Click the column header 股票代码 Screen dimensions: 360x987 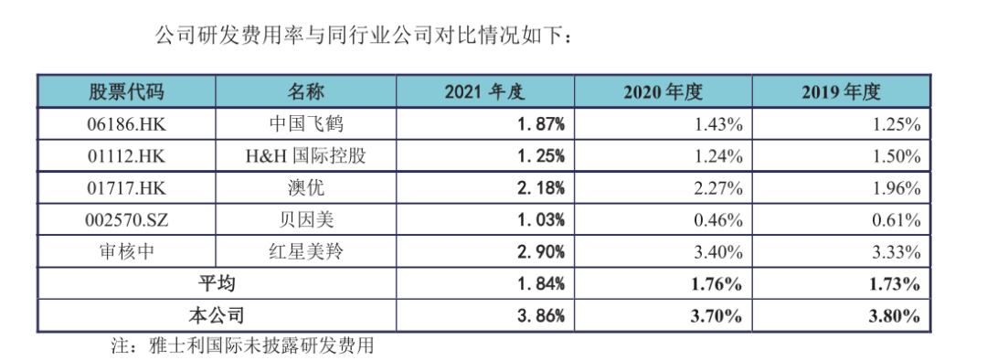pyautogui.click(x=126, y=91)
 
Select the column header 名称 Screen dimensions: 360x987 pyautogui.click(x=306, y=91)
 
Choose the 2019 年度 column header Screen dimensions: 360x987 pyautogui.click(x=841, y=91)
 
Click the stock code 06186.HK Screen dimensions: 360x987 pyautogui.click(x=126, y=124)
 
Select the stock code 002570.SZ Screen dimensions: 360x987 pyautogui.click(x=126, y=220)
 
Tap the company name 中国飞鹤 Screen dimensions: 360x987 pyautogui.click(x=306, y=124)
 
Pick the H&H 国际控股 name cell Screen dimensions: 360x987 pyautogui.click(x=306, y=156)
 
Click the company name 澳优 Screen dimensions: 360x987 pyautogui.click(x=306, y=188)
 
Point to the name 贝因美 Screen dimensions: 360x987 pyautogui.click(x=306, y=220)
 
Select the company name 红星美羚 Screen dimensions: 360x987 pyautogui.click(x=306, y=252)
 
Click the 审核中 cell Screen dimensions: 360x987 pyautogui.click(x=126, y=252)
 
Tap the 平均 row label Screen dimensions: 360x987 pyautogui.click(x=217, y=284)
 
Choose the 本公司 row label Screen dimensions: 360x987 pyautogui.click(x=217, y=316)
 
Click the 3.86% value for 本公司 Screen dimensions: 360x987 pyautogui.click(x=540, y=316)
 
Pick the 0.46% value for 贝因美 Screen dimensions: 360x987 pyautogui.click(x=719, y=220)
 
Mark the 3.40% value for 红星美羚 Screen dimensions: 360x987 pyautogui.click(x=719, y=252)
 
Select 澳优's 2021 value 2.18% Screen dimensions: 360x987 pyautogui.click(x=540, y=188)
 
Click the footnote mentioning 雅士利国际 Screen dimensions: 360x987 pyautogui.click(x=242, y=346)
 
